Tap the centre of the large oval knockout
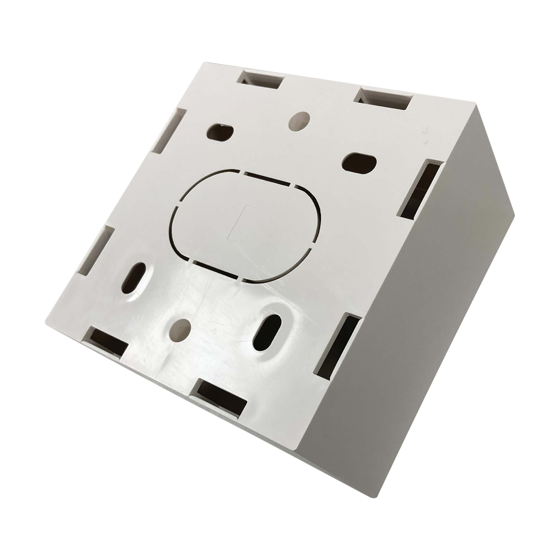click(x=246, y=223)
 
